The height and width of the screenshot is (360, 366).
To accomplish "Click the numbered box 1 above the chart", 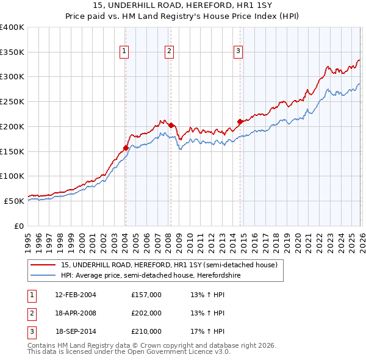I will [x=124, y=52].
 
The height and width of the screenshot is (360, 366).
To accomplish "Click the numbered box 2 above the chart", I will [x=169, y=52].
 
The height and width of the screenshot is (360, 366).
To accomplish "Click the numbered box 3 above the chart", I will [x=238, y=52].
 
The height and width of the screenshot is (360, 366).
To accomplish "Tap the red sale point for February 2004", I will [x=126, y=148].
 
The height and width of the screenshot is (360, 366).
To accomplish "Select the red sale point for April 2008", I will [x=171, y=126].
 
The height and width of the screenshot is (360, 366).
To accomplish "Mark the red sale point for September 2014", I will [x=240, y=121].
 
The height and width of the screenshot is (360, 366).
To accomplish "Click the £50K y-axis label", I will [x=14, y=201].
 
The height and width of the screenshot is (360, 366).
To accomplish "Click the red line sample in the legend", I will [x=43, y=265].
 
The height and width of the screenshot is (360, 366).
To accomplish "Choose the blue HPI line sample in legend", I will [x=43, y=275].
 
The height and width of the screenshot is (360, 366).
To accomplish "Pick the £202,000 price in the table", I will [x=146, y=313].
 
